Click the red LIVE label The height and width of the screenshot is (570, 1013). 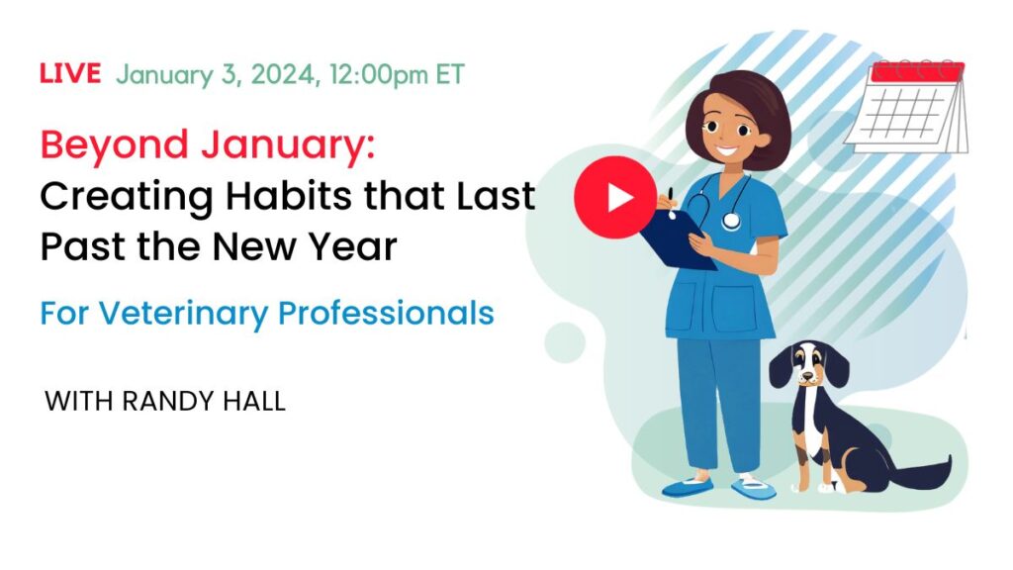coord(70,73)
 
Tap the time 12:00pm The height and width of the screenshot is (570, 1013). coord(378,75)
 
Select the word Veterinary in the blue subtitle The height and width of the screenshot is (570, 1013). coord(183,314)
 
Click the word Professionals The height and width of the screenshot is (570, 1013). coord(386,313)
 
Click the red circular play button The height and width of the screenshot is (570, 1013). coord(615,197)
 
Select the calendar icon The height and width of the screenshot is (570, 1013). coord(907,107)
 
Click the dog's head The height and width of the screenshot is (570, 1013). coord(808,364)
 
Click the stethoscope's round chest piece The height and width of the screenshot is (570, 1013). coord(731,221)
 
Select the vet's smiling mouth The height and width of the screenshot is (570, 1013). coord(727,151)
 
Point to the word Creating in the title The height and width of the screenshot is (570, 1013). coord(127,197)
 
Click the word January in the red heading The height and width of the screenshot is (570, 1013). coord(288,146)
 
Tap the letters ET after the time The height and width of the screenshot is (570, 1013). coord(450,75)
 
